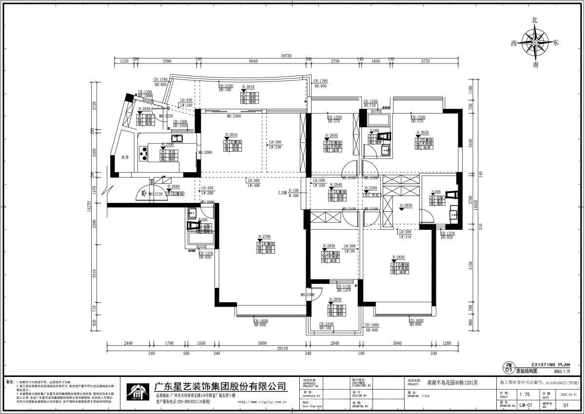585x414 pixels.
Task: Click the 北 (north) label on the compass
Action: pyautogui.click(x=535, y=20)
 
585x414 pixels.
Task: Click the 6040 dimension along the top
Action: pyautogui.click(x=253, y=61)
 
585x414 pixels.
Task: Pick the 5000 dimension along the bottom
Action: pyautogui.click(x=262, y=343)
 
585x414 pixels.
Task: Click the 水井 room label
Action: pyautogui.click(x=125, y=158)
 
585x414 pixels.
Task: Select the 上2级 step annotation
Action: pyautogui.click(x=281, y=192)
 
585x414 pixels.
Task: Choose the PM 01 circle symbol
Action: pyautogui.click(x=508, y=368)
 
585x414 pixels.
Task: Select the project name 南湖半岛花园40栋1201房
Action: pyautogui.click(x=452, y=383)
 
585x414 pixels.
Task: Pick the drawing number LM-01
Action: pyautogui.click(x=525, y=405)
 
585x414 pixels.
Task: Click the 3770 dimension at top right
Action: pyautogui.click(x=425, y=61)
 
